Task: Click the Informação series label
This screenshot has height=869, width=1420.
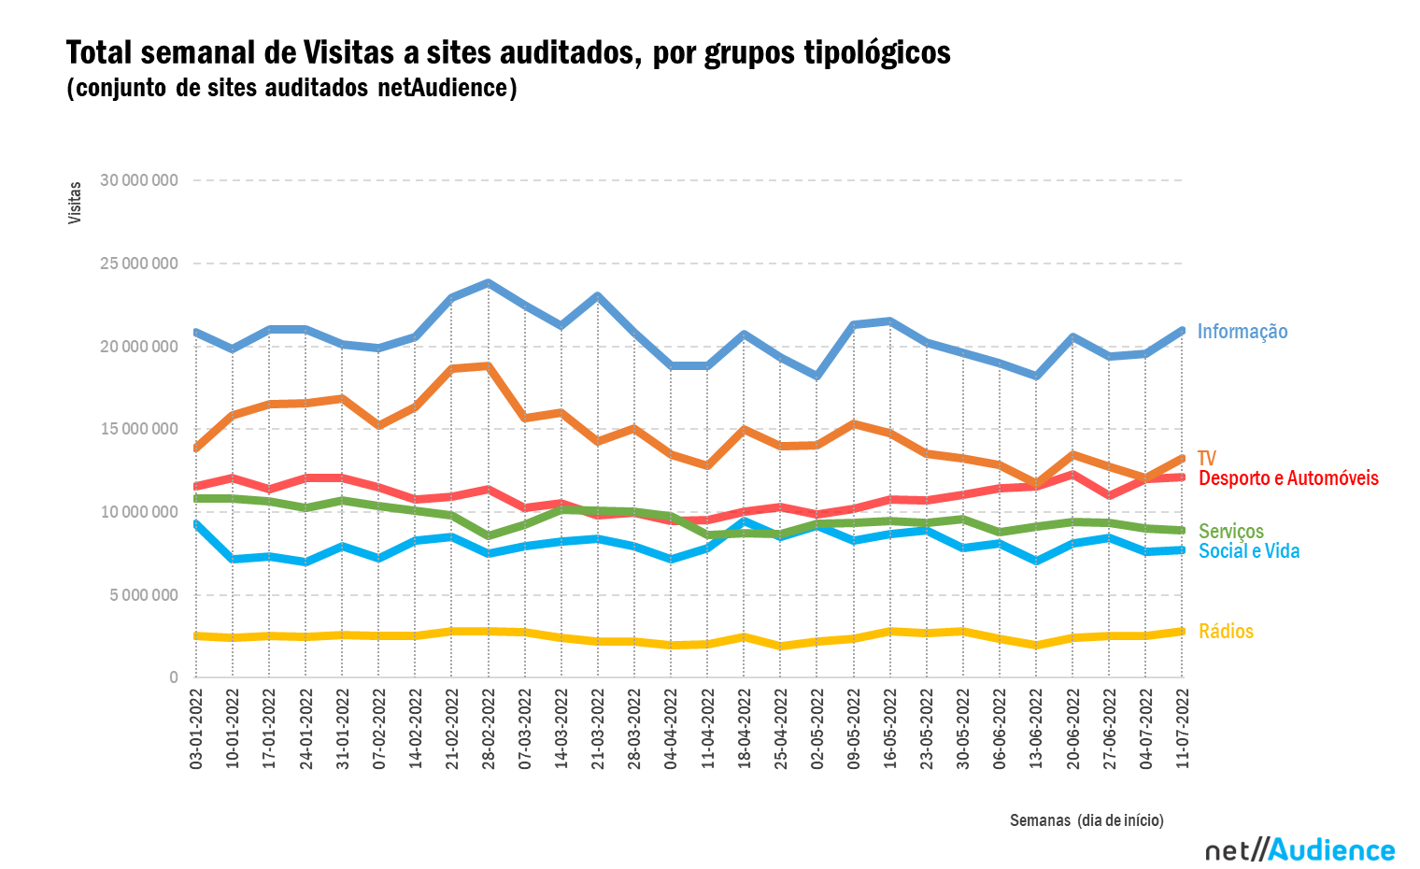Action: pos(1242,332)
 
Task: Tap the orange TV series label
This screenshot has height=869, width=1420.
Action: pos(1206,459)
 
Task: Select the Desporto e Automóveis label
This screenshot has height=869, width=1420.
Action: pos(1287,478)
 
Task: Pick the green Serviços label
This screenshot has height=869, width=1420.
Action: pos(1230,532)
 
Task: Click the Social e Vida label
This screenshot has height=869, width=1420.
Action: pos(1248,551)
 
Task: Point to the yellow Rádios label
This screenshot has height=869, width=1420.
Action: pos(1226,632)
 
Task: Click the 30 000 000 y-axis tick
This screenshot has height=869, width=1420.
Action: pos(138,180)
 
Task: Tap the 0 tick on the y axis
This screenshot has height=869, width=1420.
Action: pos(174,677)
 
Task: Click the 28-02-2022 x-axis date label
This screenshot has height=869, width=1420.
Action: pos(489,729)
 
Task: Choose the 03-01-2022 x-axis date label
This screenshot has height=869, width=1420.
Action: pos(196,729)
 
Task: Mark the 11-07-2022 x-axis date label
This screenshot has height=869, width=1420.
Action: pos(1183,729)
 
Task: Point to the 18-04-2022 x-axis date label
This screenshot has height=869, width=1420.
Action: pos(745,729)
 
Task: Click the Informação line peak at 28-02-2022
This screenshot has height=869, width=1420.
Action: pos(488,283)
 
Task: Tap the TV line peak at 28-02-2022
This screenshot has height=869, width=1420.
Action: pos(488,366)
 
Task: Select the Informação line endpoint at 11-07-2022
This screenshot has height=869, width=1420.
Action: pos(1182,331)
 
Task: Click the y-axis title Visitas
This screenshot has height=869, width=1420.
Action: pos(75,203)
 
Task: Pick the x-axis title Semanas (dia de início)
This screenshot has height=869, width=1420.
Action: pos(1086,820)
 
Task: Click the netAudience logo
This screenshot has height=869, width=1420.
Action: pos(1299,850)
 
